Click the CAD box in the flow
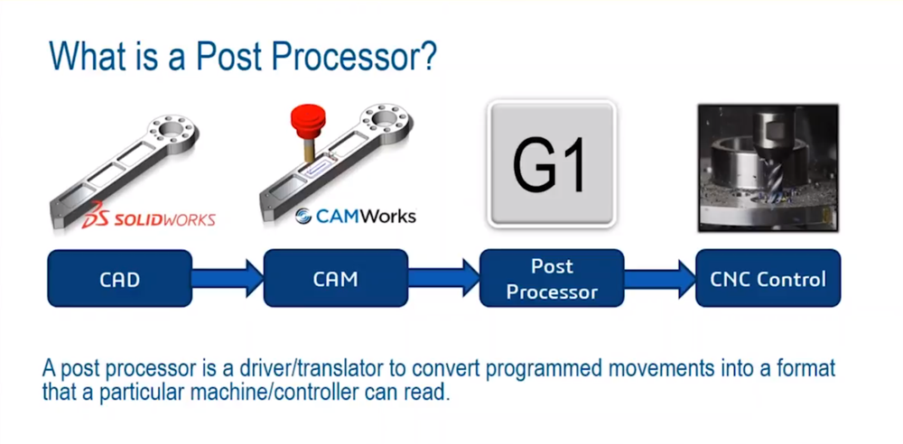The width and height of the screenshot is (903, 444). click(x=119, y=279)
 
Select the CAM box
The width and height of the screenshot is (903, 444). click(x=335, y=279)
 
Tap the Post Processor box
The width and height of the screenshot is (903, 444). click(x=551, y=279)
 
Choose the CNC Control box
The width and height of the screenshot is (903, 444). click(x=768, y=279)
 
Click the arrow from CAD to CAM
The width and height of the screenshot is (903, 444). click(x=228, y=279)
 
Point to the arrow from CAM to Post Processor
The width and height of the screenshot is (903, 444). click(x=443, y=279)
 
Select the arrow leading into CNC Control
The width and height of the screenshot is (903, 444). click(x=659, y=279)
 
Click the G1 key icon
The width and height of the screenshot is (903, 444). click(x=551, y=164)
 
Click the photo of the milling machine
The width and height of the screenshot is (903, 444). click(x=768, y=168)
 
